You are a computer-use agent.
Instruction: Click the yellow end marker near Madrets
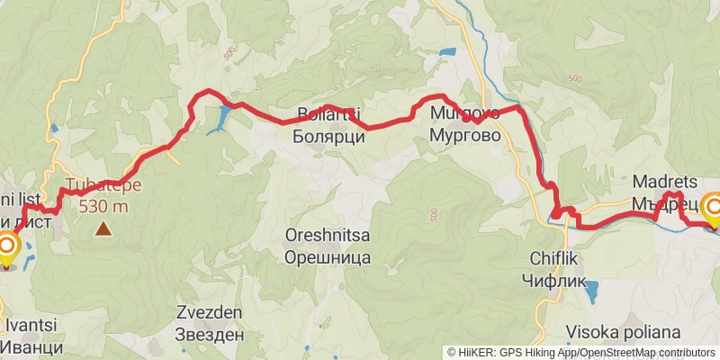(714, 210)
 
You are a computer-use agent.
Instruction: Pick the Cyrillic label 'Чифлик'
(552, 278)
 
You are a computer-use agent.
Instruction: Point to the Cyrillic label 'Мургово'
(464, 136)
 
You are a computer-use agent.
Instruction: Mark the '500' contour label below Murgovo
(435, 215)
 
